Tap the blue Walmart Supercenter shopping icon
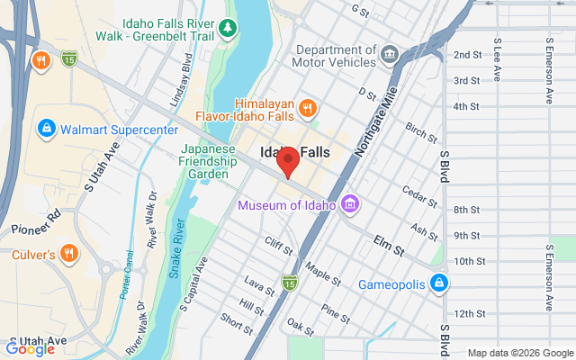click(x=44, y=130)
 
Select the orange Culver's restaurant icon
click(x=68, y=252)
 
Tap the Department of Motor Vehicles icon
click(x=389, y=54)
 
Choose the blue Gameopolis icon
click(x=438, y=283)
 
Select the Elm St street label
click(x=391, y=241)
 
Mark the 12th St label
click(x=470, y=313)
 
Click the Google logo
click(x=31, y=349)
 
